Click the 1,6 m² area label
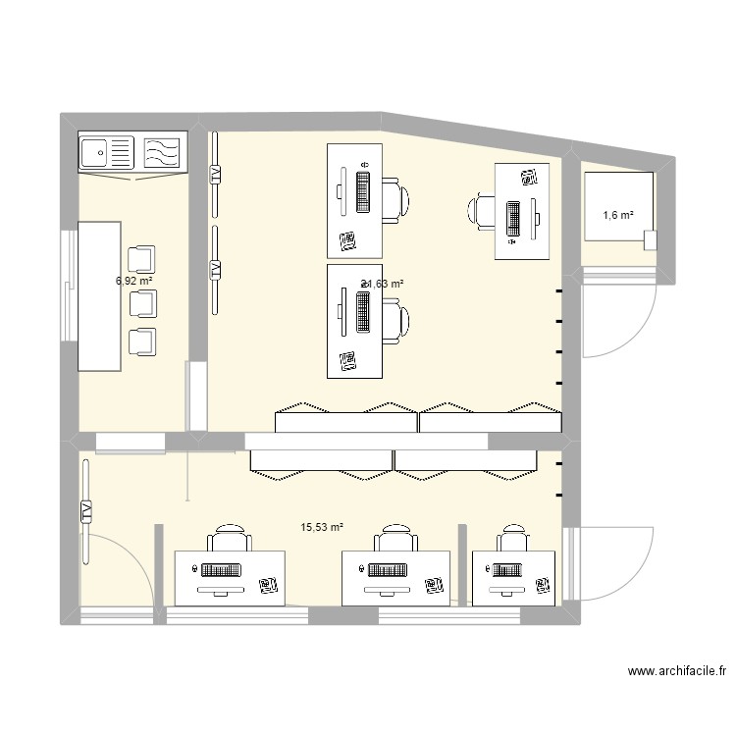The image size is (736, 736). (618, 216)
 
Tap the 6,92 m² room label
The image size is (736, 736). (133, 280)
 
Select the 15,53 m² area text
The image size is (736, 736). (322, 527)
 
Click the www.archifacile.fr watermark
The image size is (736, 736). (677, 672)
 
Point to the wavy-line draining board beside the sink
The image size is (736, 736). (162, 153)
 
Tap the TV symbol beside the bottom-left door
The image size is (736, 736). (86, 510)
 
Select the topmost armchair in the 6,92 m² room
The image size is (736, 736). (143, 258)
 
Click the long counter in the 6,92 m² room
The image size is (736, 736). (99, 294)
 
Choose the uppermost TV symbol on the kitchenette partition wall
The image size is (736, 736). (215, 174)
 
